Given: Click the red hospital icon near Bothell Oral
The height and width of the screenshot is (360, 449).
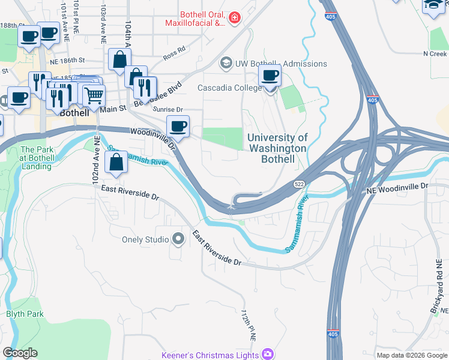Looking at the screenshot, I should pyautogui.click(x=234, y=19).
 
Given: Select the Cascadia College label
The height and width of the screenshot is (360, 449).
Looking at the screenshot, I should pyautogui.click(x=230, y=88).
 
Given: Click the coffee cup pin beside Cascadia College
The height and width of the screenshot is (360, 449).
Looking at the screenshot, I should pyautogui.click(x=270, y=77).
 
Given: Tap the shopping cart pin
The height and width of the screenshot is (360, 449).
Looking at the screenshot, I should pyautogui.click(x=94, y=95).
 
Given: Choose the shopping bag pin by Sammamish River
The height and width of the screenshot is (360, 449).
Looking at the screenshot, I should pyautogui.click(x=115, y=162).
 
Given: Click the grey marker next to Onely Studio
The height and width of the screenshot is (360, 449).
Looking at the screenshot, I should pyautogui.click(x=178, y=239).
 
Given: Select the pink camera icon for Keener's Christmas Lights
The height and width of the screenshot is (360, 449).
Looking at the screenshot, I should pyautogui.click(x=267, y=354).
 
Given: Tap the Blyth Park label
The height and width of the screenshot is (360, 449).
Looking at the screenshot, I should pyautogui.click(x=25, y=314).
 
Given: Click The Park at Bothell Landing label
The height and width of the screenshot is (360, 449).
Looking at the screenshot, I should pyautogui.click(x=36, y=158).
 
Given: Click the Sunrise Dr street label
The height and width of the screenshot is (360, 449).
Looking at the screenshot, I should pyautogui.click(x=167, y=110).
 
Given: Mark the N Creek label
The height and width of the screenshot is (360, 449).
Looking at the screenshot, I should pyautogui.click(x=435, y=54).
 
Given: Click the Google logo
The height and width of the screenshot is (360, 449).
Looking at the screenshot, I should pyautogui.click(x=20, y=353).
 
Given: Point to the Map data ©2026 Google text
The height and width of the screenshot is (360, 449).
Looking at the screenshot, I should pyautogui.click(x=411, y=355).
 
